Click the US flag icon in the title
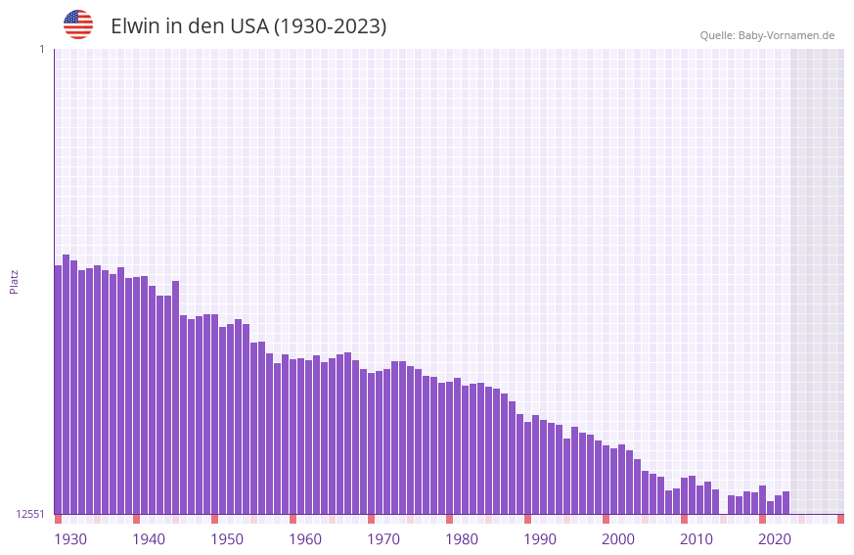tap(78, 24)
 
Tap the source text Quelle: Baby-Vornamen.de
tap(767, 35)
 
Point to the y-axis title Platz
tap(14, 281)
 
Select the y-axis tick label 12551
tap(30, 514)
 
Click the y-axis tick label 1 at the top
tap(41, 49)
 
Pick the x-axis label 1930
tap(70, 539)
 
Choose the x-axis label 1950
tap(227, 539)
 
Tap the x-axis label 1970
tap(383, 539)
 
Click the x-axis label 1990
tap(540, 539)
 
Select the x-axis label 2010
tap(697, 539)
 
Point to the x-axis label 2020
tap(775, 539)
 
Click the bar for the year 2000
tap(606, 480)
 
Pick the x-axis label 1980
tap(462, 539)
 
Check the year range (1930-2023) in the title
tap(330, 26)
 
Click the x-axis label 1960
tap(305, 539)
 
